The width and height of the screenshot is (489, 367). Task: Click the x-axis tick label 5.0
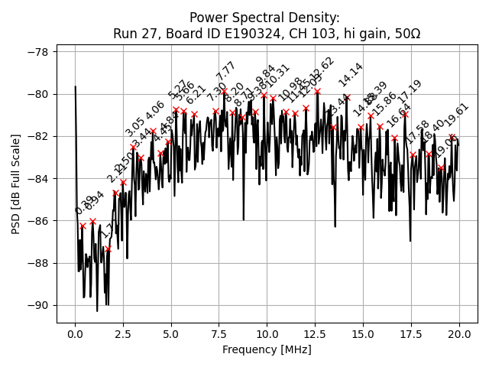pyautogui.click(x=170, y=334)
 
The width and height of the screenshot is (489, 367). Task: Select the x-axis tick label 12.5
pyautogui.click(x=315, y=334)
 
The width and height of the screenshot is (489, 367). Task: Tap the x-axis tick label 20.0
pyautogui.click(x=459, y=334)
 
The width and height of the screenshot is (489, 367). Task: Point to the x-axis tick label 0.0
pyautogui.click(x=75, y=334)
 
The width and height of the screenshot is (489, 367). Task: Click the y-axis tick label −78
pyautogui.click(x=37, y=52)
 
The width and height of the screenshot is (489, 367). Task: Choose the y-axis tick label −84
pyautogui.click(x=37, y=179)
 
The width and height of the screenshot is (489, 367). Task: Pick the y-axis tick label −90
pyautogui.click(x=37, y=305)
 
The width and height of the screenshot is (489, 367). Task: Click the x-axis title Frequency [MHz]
pyautogui.click(x=267, y=349)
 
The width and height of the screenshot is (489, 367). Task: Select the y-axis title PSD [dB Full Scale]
pyautogui.click(x=15, y=178)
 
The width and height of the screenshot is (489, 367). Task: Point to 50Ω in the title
pyautogui.click(x=406, y=34)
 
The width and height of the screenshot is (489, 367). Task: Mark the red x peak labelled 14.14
pyautogui.click(x=347, y=98)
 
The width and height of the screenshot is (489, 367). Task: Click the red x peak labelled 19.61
pyautogui.click(x=452, y=138)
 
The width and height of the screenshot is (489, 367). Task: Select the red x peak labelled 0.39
pyautogui.click(x=83, y=226)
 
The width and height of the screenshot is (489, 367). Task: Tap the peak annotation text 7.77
pyautogui.click(x=225, y=71)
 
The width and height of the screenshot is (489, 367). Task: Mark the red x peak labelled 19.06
pyautogui.click(x=442, y=167)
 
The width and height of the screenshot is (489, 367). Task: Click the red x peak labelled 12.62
pyautogui.click(x=317, y=91)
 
